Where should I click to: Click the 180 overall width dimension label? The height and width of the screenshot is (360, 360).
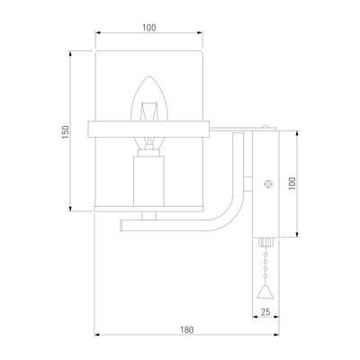tap(186, 329)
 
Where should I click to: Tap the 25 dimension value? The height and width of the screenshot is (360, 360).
tap(265, 312)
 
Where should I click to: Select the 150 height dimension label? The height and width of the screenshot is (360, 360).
tap(65, 131)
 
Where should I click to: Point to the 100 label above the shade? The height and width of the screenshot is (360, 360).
tap(149, 28)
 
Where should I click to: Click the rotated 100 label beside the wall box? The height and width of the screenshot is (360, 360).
tap(292, 183)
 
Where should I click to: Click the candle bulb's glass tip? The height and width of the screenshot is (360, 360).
tap(149, 77)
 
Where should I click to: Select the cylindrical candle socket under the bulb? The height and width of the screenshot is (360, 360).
tap(148, 181)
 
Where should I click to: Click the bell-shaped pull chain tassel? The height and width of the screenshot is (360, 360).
tap(265, 292)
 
